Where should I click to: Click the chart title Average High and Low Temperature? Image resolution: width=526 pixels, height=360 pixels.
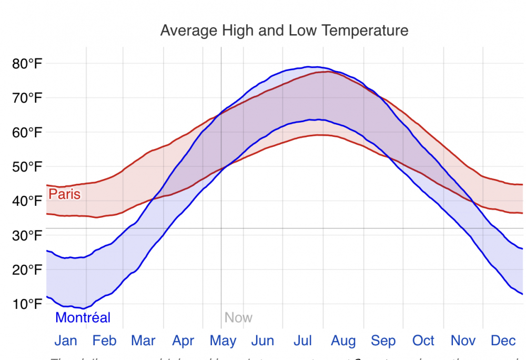point(284,30)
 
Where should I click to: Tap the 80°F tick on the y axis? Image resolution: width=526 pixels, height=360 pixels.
point(27,64)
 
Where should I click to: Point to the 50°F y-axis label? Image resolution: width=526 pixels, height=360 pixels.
point(27,167)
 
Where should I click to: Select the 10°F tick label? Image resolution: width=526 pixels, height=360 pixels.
point(27,304)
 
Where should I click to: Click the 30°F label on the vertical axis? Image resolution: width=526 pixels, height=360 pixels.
point(27,236)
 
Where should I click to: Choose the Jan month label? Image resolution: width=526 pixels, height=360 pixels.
point(66,341)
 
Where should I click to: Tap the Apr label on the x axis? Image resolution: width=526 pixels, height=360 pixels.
point(184,341)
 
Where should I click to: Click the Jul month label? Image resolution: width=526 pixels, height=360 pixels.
point(303,341)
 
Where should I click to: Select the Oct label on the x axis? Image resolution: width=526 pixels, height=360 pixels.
point(423,341)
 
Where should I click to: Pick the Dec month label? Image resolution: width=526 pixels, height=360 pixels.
point(503,341)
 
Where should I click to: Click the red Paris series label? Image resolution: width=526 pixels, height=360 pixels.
point(64,194)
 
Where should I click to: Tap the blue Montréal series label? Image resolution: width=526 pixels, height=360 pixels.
point(83,318)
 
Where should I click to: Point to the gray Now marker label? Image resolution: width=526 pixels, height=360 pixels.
point(238,318)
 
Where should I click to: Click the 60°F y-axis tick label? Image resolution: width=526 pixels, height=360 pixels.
point(27,133)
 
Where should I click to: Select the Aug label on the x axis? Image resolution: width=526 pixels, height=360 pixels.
point(343,341)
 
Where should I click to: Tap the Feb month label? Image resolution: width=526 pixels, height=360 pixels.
point(104,341)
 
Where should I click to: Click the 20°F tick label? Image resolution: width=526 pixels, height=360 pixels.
point(27,270)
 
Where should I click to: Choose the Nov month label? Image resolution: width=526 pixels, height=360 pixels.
point(463,341)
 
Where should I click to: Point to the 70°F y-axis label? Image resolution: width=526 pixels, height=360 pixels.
point(27,98)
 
